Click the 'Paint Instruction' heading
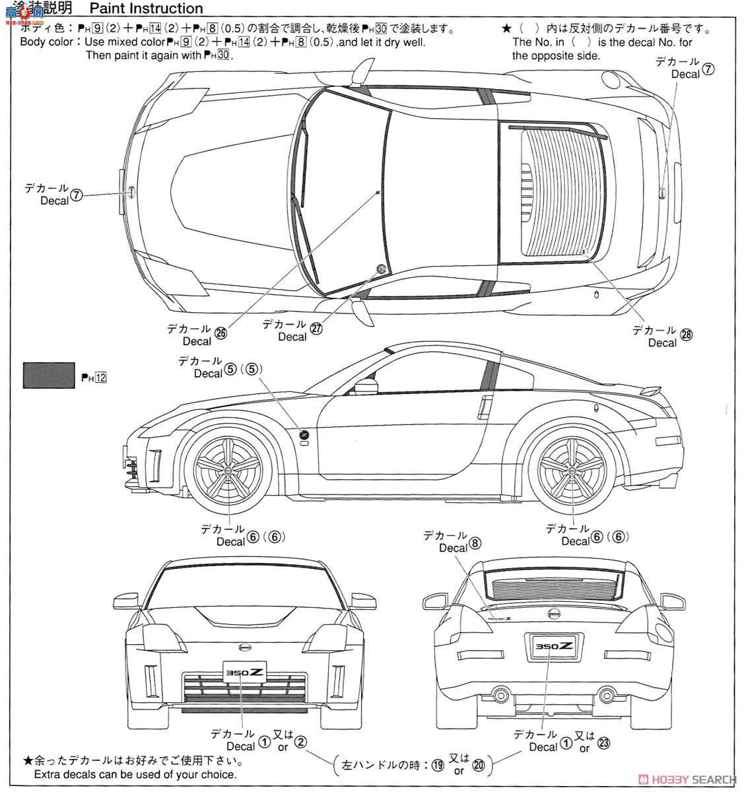pyautogui.click(x=146, y=9)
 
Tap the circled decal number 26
pyautogui.click(x=220, y=333)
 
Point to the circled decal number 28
pyautogui.click(x=687, y=335)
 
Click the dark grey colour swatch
pyautogui.click(x=48, y=374)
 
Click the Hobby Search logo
pyautogui.click(x=680, y=779)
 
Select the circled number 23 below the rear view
pyautogui.click(x=603, y=741)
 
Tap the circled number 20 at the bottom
pyautogui.click(x=479, y=765)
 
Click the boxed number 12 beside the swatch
pyautogui.click(x=100, y=378)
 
